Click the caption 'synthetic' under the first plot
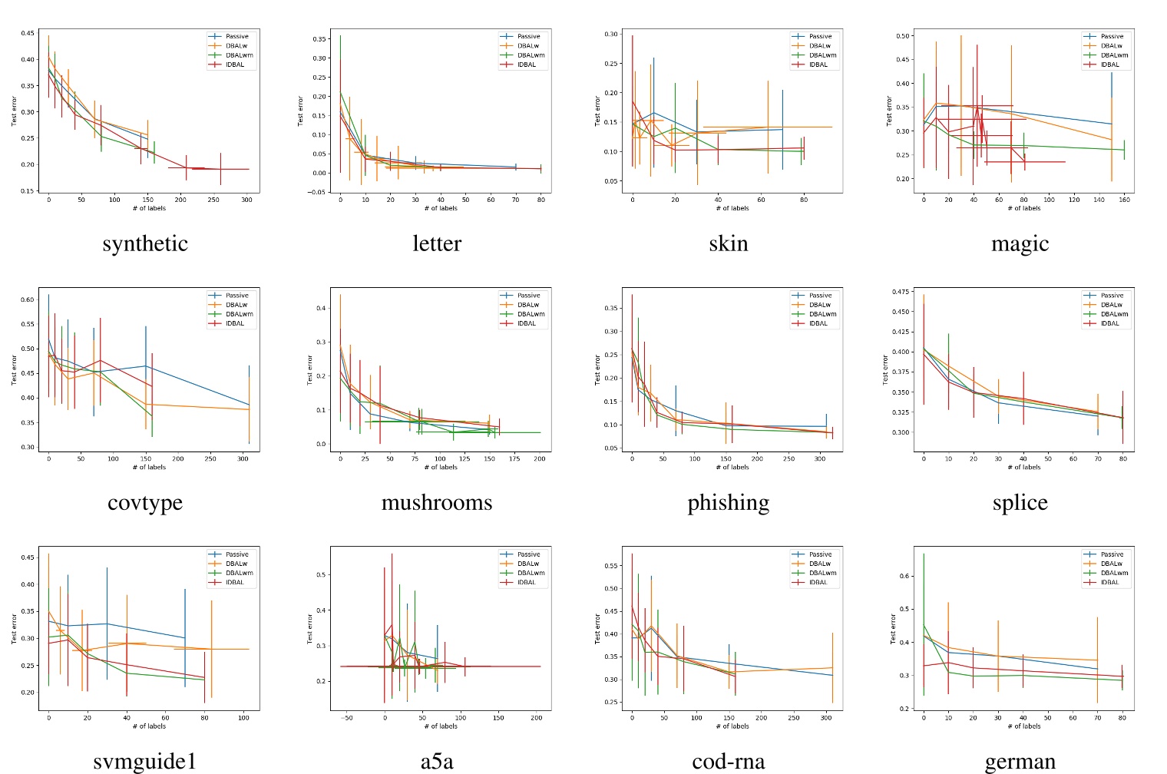(x=145, y=243)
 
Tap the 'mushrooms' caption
(x=437, y=502)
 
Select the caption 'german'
(x=1020, y=761)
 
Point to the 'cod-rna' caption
(x=728, y=761)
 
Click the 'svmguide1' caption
(x=145, y=761)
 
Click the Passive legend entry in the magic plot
(x=1112, y=36)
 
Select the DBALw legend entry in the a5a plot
(x=528, y=564)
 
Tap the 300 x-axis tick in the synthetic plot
(x=246, y=200)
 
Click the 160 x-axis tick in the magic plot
(x=1124, y=200)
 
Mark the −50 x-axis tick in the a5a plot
(x=347, y=718)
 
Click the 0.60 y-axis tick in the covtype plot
(x=28, y=300)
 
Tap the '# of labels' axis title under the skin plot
(x=732, y=208)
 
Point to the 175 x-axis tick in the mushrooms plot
(x=514, y=458)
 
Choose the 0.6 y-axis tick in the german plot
(x=904, y=576)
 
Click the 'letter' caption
(x=437, y=243)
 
